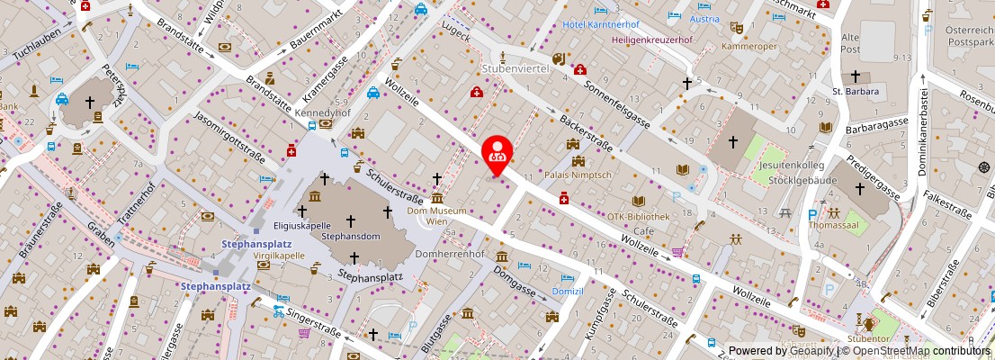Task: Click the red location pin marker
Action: pos(497,154)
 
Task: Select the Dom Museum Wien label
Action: pos(437,216)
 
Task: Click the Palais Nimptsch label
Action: pos(578,175)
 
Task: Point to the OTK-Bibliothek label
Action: pos(638,216)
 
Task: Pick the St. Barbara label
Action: pos(855,90)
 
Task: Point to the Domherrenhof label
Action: pos(451,255)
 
